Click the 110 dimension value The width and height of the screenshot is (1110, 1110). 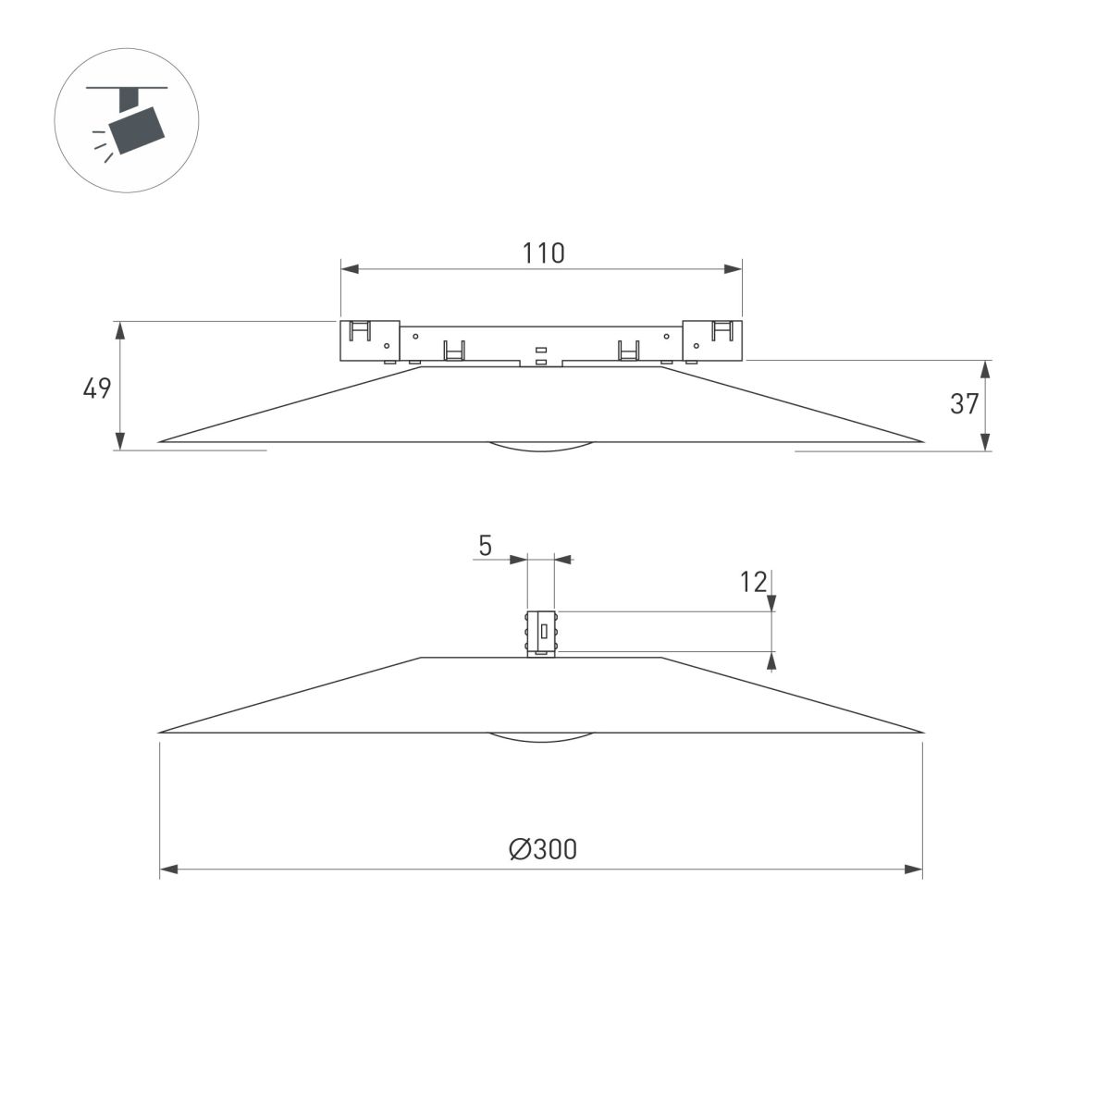tap(543, 253)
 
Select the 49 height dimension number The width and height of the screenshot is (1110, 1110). tap(97, 388)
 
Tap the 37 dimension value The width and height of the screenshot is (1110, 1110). tap(964, 403)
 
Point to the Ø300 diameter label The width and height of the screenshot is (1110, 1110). tap(542, 849)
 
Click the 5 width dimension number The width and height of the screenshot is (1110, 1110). tap(485, 547)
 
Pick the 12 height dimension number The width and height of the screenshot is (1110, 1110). tap(754, 582)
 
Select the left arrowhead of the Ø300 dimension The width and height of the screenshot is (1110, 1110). tap(169, 869)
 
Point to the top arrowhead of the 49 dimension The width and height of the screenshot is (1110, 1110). tap(119, 329)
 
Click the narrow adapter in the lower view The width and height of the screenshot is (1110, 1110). tap(541, 633)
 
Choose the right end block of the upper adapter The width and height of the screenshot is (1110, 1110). tap(712, 340)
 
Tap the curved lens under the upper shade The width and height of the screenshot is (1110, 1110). tap(540, 448)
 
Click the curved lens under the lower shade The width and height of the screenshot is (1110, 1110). tap(540, 738)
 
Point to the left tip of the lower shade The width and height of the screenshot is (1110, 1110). tap(163, 732)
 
